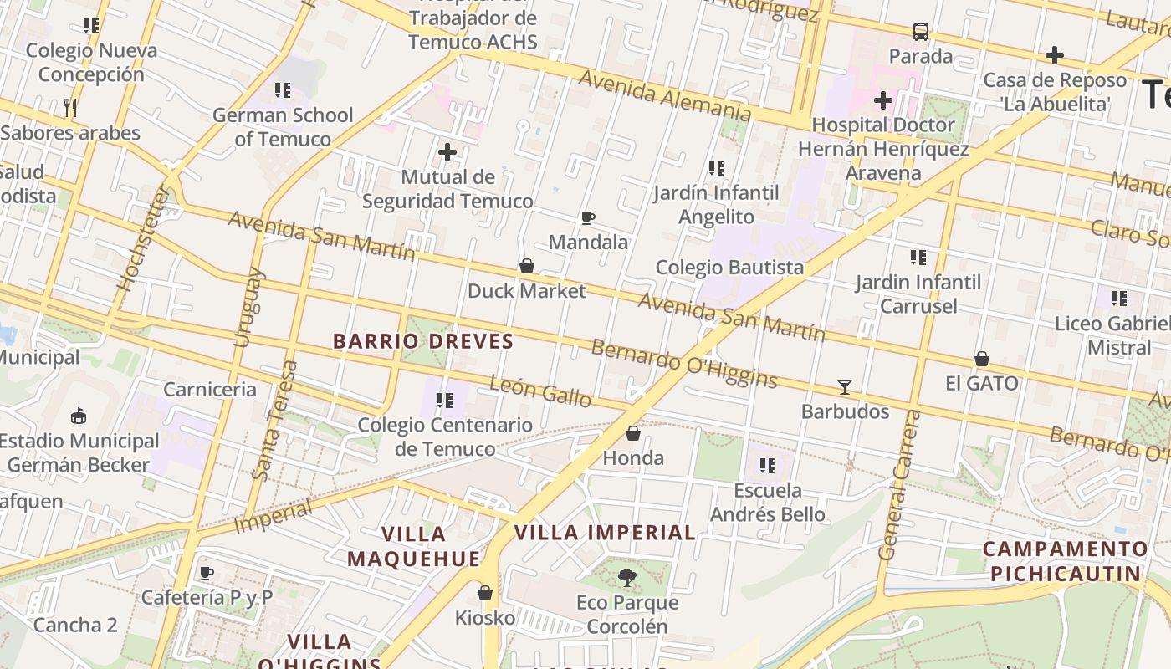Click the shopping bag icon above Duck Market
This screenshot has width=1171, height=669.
527,266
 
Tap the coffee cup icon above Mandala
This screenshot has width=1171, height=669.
588,218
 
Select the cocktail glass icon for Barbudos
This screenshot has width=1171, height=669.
845,387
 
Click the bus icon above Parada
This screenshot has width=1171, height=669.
921,32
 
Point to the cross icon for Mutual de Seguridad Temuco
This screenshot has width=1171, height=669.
447,152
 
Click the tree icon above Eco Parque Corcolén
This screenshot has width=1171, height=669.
626,577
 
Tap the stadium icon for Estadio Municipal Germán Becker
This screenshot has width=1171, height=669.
79,416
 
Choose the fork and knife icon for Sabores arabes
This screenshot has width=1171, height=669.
70,107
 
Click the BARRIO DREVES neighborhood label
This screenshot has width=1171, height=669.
423,341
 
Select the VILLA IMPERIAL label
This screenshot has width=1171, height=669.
605,533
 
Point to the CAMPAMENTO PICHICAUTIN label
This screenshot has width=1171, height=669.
1066,561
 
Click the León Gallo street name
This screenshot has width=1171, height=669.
540,391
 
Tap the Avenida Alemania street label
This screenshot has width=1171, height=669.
665,94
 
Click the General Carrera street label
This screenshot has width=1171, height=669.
899,485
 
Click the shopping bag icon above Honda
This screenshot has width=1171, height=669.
633,433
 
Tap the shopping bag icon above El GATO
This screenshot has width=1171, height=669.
982,359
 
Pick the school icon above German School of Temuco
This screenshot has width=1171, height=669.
283,90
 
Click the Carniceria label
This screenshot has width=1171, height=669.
210,389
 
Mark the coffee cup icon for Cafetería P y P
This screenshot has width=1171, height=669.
207,573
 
